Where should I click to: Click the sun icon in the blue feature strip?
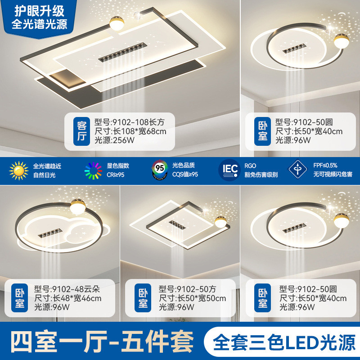click(19, 170)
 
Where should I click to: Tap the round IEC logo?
click(228, 170)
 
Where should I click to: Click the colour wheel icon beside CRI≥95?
click(93, 170)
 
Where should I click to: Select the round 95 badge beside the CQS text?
click(160, 170)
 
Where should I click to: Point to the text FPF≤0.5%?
click(325, 165)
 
